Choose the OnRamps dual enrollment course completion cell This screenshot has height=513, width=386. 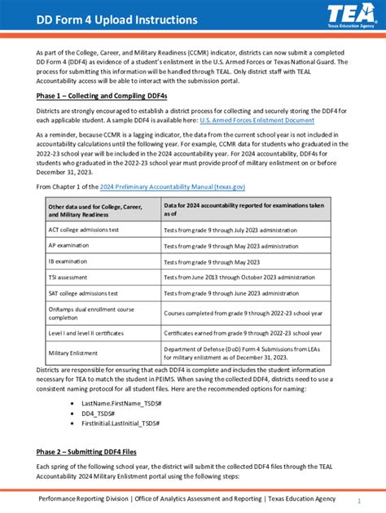(x=91, y=313)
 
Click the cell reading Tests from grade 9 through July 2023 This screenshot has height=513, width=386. (x=231, y=230)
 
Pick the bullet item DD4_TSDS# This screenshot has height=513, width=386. (x=98, y=413)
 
